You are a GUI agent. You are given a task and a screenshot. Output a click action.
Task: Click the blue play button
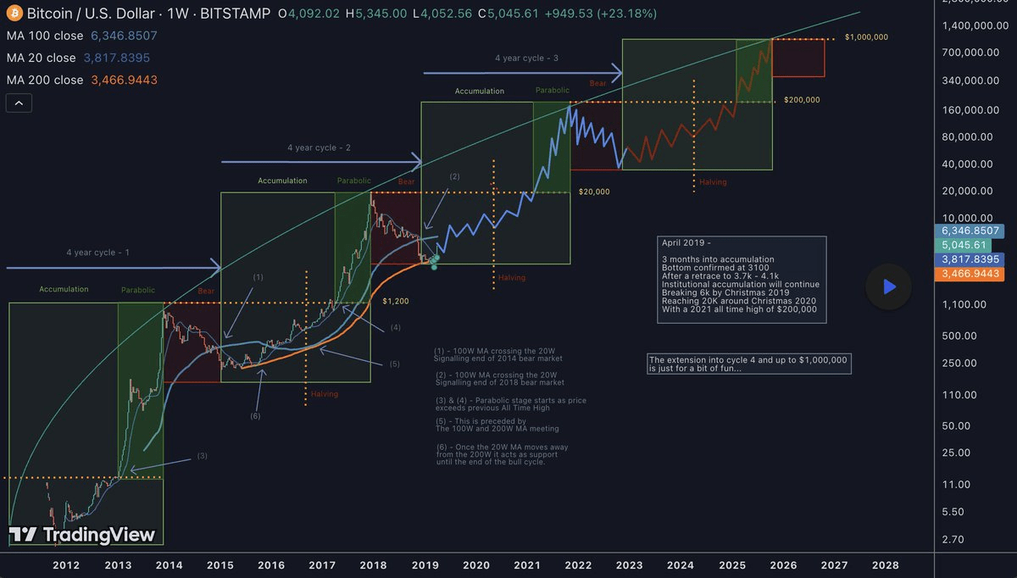click(x=888, y=286)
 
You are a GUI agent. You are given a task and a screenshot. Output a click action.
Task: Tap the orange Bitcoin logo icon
click(x=14, y=14)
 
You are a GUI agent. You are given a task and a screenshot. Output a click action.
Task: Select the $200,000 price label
click(x=802, y=100)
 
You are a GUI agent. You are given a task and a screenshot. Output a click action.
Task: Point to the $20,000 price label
click(x=594, y=192)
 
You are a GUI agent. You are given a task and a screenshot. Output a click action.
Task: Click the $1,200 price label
click(x=395, y=301)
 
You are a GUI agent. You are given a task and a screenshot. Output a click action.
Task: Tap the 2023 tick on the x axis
click(x=629, y=564)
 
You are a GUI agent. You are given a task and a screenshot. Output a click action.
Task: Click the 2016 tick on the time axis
click(x=271, y=564)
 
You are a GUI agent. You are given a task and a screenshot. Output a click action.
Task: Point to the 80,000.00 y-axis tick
click(x=968, y=136)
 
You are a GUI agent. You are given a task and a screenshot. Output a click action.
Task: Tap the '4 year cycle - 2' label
click(x=319, y=147)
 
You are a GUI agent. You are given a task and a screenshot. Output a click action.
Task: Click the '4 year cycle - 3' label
click(x=526, y=58)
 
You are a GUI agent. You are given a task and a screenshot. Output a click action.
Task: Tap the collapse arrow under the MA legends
click(x=19, y=103)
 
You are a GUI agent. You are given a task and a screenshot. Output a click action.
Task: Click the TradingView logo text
click(x=98, y=535)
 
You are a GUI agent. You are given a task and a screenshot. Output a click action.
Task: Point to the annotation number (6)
click(x=255, y=416)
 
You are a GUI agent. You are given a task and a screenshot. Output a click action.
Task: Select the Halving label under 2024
click(x=713, y=182)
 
